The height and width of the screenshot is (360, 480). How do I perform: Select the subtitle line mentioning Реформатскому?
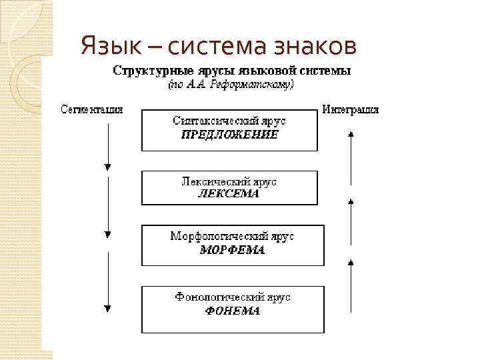click(x=229, y=85)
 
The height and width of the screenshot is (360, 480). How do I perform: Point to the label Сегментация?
click(x=92, y=109)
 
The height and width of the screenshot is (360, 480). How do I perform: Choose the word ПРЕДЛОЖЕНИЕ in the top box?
click(x=229, y=134)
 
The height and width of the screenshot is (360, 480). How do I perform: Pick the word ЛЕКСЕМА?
click(x=229, y=194)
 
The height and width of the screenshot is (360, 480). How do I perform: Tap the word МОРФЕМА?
click(x=232, y=251)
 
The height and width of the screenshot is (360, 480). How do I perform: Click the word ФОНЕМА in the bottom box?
click(x=232, y=311)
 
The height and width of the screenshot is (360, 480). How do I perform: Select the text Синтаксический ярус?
click(x=229, y=121)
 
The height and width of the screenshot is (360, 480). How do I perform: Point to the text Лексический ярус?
click(x=229, y=181)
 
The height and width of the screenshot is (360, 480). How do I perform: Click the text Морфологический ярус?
click(x=232, y=237)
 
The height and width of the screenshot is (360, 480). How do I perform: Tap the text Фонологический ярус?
click(x=232, y=297)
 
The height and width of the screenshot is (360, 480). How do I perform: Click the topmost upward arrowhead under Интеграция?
click(x=351, y=133)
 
